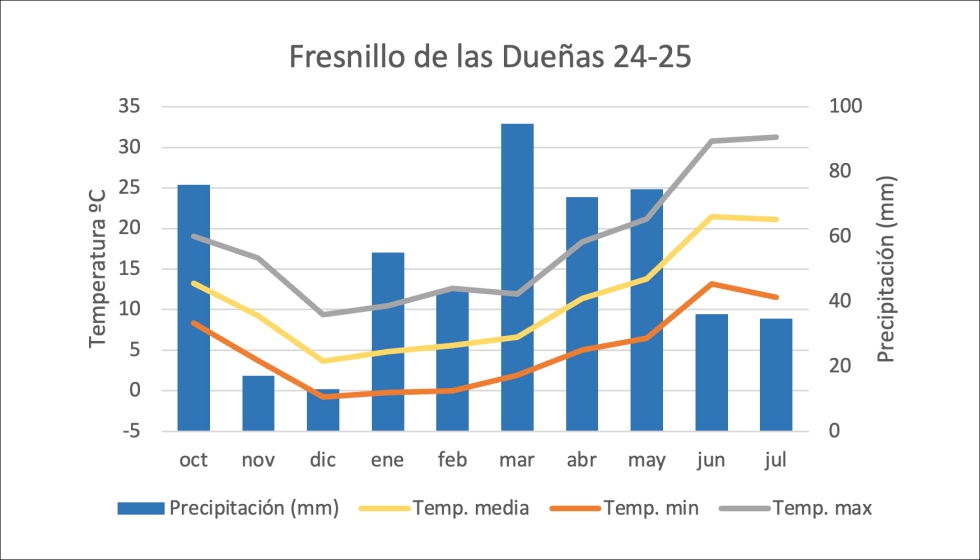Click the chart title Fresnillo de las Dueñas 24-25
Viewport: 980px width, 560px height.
[490, 56]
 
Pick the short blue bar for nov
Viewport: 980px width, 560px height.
[258, 404]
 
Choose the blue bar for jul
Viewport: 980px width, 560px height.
[776, 375]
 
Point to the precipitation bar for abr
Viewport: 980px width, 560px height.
[582, 314]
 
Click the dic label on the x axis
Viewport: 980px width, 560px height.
[323, 460]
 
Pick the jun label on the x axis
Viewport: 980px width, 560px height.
[711, 460]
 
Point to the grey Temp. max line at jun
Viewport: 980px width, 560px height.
[711, 141]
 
